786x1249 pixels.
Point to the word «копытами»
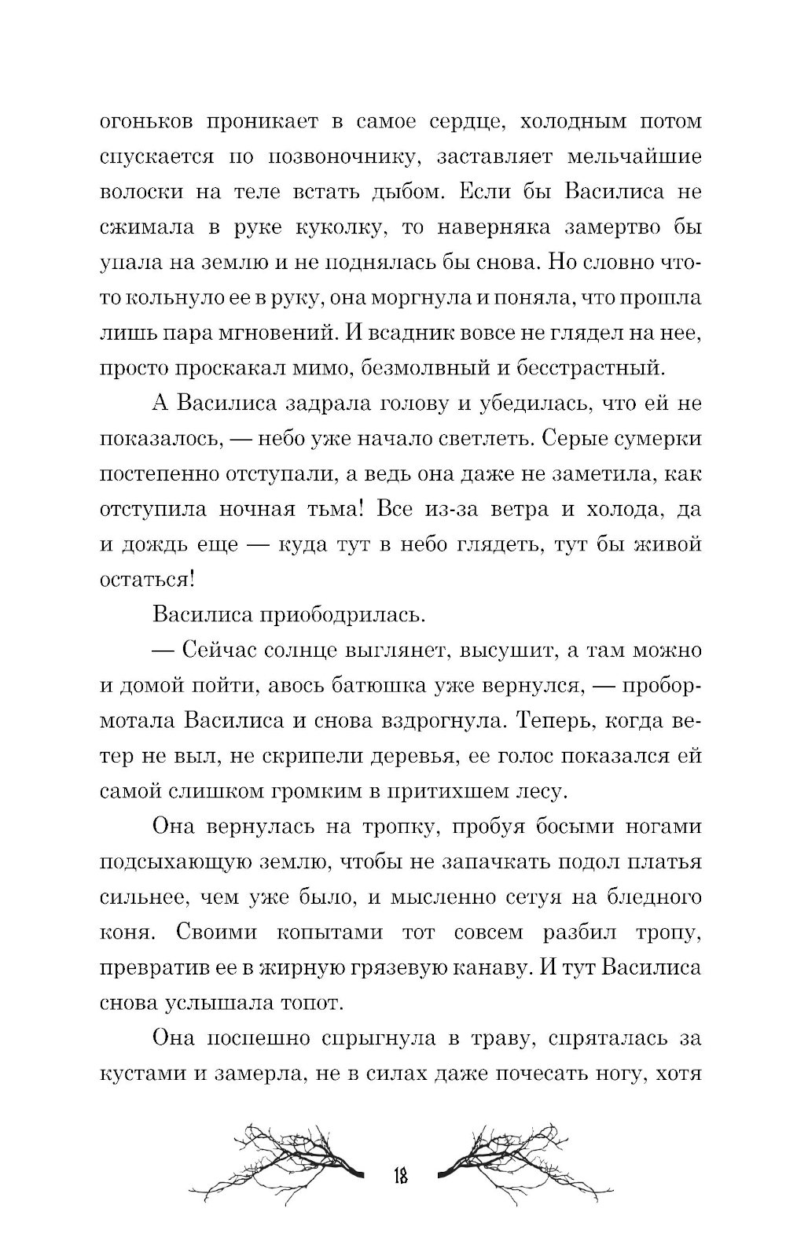click(x=330, y=933)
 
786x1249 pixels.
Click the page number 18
click(x=399, y=1177)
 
